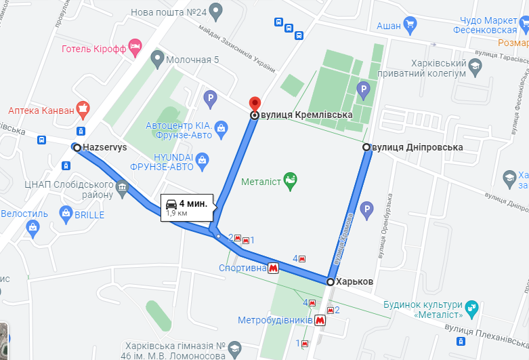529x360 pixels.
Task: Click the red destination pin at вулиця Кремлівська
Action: (x=255, y=104)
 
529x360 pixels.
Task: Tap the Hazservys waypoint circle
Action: (x=77, y=147)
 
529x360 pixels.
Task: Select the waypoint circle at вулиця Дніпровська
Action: (x=366, y=147)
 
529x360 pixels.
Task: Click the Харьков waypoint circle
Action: (x=331, y=281)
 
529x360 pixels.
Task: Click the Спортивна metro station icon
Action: (x=274, y=268)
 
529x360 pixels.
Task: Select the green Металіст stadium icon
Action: (x=290, y=181)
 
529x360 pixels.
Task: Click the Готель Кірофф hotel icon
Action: (x=135, y=47)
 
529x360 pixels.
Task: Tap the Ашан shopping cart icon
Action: (x=409, y=26)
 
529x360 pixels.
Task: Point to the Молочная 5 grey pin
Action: (x=157, y=60)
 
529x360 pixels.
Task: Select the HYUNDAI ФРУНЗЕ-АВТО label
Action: (x=162, y=162)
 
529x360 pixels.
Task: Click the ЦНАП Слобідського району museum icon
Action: (x=122, y=186)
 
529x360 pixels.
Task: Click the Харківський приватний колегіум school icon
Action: (x=475, y=66)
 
